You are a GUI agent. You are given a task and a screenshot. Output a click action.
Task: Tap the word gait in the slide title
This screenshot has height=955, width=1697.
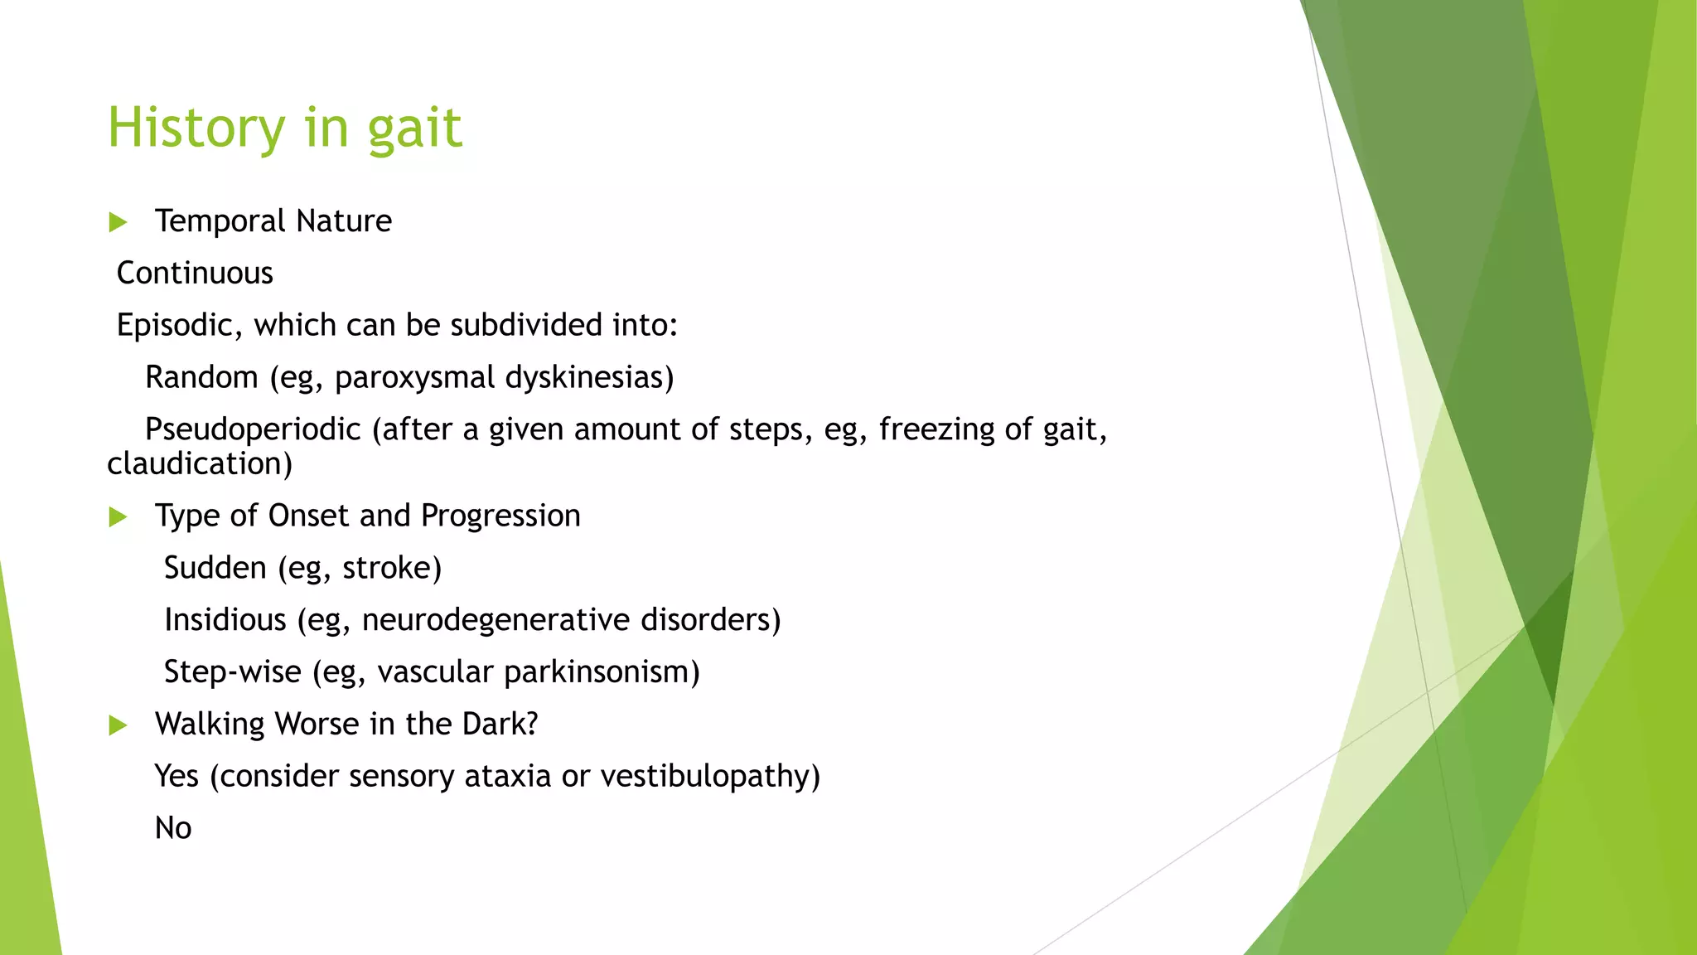tap(414, 129)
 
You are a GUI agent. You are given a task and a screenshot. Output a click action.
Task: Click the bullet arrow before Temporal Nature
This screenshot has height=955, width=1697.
tap(118, 222)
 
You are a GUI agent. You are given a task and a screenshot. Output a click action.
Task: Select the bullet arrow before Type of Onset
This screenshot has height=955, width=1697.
tap(118, 517)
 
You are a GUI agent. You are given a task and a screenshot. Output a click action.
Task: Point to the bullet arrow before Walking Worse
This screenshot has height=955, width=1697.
tap(118, 725)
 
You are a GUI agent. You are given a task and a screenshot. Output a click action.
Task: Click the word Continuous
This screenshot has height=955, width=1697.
tap(195, 273)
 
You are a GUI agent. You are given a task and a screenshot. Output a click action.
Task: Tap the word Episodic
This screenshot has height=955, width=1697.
tap(174, 325)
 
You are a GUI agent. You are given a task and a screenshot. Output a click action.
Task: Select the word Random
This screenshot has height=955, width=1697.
tap(201, 377)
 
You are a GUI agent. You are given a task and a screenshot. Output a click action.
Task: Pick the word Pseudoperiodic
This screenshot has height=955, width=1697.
tap(253, 429)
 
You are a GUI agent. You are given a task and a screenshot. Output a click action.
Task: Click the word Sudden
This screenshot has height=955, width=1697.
tap(215, 568)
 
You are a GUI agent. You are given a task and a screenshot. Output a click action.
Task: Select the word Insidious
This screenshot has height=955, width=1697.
tap(225, 620)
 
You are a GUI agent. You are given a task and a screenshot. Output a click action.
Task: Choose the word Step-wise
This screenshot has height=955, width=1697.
tap(232, 671)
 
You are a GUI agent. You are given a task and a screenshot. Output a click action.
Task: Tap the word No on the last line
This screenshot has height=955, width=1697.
tap(173, 828)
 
